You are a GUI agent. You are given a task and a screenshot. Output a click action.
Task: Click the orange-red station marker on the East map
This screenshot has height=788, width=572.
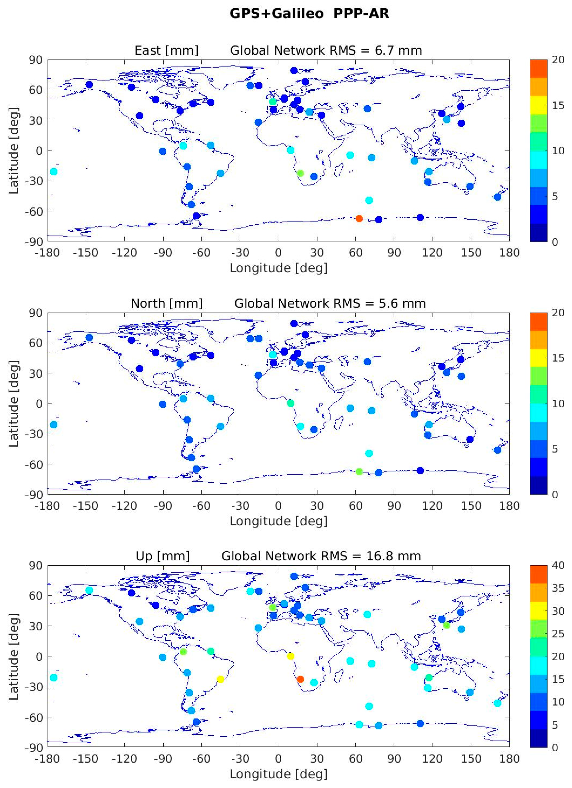[359, 219]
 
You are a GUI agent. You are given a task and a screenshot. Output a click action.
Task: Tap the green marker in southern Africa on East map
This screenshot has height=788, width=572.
[301, 173]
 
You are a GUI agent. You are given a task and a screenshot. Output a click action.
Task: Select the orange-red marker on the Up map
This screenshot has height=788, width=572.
[301, 679]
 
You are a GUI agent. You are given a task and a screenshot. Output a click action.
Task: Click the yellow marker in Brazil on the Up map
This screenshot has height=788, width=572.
[220, 679]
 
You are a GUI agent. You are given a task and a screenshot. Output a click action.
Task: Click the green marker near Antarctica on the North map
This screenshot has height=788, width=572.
[359, 471]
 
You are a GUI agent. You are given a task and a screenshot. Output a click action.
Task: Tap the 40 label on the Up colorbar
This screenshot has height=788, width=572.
[558, 566]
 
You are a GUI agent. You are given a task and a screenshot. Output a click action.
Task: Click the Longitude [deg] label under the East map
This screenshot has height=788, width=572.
[279, 268]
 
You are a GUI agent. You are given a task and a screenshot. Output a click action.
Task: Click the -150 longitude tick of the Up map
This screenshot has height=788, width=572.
[86, 759]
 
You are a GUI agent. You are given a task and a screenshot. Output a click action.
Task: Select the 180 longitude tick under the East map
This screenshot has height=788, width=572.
[509, 253]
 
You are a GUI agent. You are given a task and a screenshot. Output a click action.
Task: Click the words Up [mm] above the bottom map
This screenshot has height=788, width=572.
[163, 556]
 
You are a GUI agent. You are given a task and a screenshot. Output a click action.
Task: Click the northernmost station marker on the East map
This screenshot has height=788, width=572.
[294, 70]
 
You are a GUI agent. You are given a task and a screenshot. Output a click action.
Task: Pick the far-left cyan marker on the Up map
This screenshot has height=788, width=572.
[54, 677]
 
